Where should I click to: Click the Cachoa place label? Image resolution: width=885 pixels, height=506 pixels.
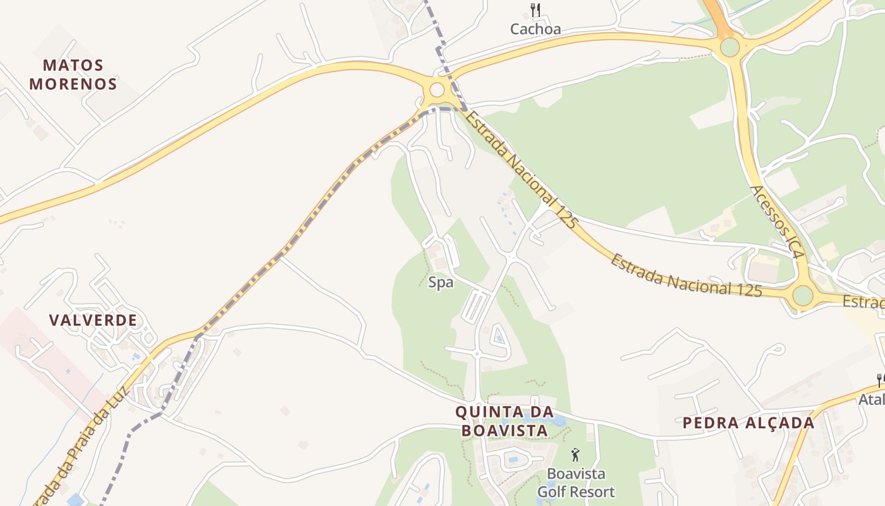tap(535, 29)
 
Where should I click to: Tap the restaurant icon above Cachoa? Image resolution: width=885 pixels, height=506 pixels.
tap(535, 9)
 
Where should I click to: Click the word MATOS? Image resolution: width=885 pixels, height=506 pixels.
tap(73, 65)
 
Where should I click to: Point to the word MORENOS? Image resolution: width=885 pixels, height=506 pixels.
tap(73, 83)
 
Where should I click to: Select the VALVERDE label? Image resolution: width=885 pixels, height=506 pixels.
tap(94, 320)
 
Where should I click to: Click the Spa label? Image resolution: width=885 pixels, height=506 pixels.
tap(441, 283)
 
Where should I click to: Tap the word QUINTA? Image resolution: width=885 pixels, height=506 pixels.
tap(486, 412)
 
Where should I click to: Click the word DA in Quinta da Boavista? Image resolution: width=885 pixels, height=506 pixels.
tap(543, 412)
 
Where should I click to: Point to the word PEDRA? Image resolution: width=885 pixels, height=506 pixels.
tap(709, 423)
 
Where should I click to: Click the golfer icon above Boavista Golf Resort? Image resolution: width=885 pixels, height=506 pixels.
tap(575, 455)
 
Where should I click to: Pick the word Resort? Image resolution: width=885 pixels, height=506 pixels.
tap(593, 491)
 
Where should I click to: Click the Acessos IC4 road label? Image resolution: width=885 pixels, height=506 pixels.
tap(777, 221)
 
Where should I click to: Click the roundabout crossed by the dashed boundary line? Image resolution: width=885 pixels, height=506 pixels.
tap(437, 90)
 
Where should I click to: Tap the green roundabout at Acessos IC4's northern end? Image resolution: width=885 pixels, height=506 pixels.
tap(729, 47)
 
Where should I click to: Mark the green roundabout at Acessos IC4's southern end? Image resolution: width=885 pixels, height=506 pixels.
tap(802, 295)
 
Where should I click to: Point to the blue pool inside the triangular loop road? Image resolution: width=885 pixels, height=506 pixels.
tap(499, 338)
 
